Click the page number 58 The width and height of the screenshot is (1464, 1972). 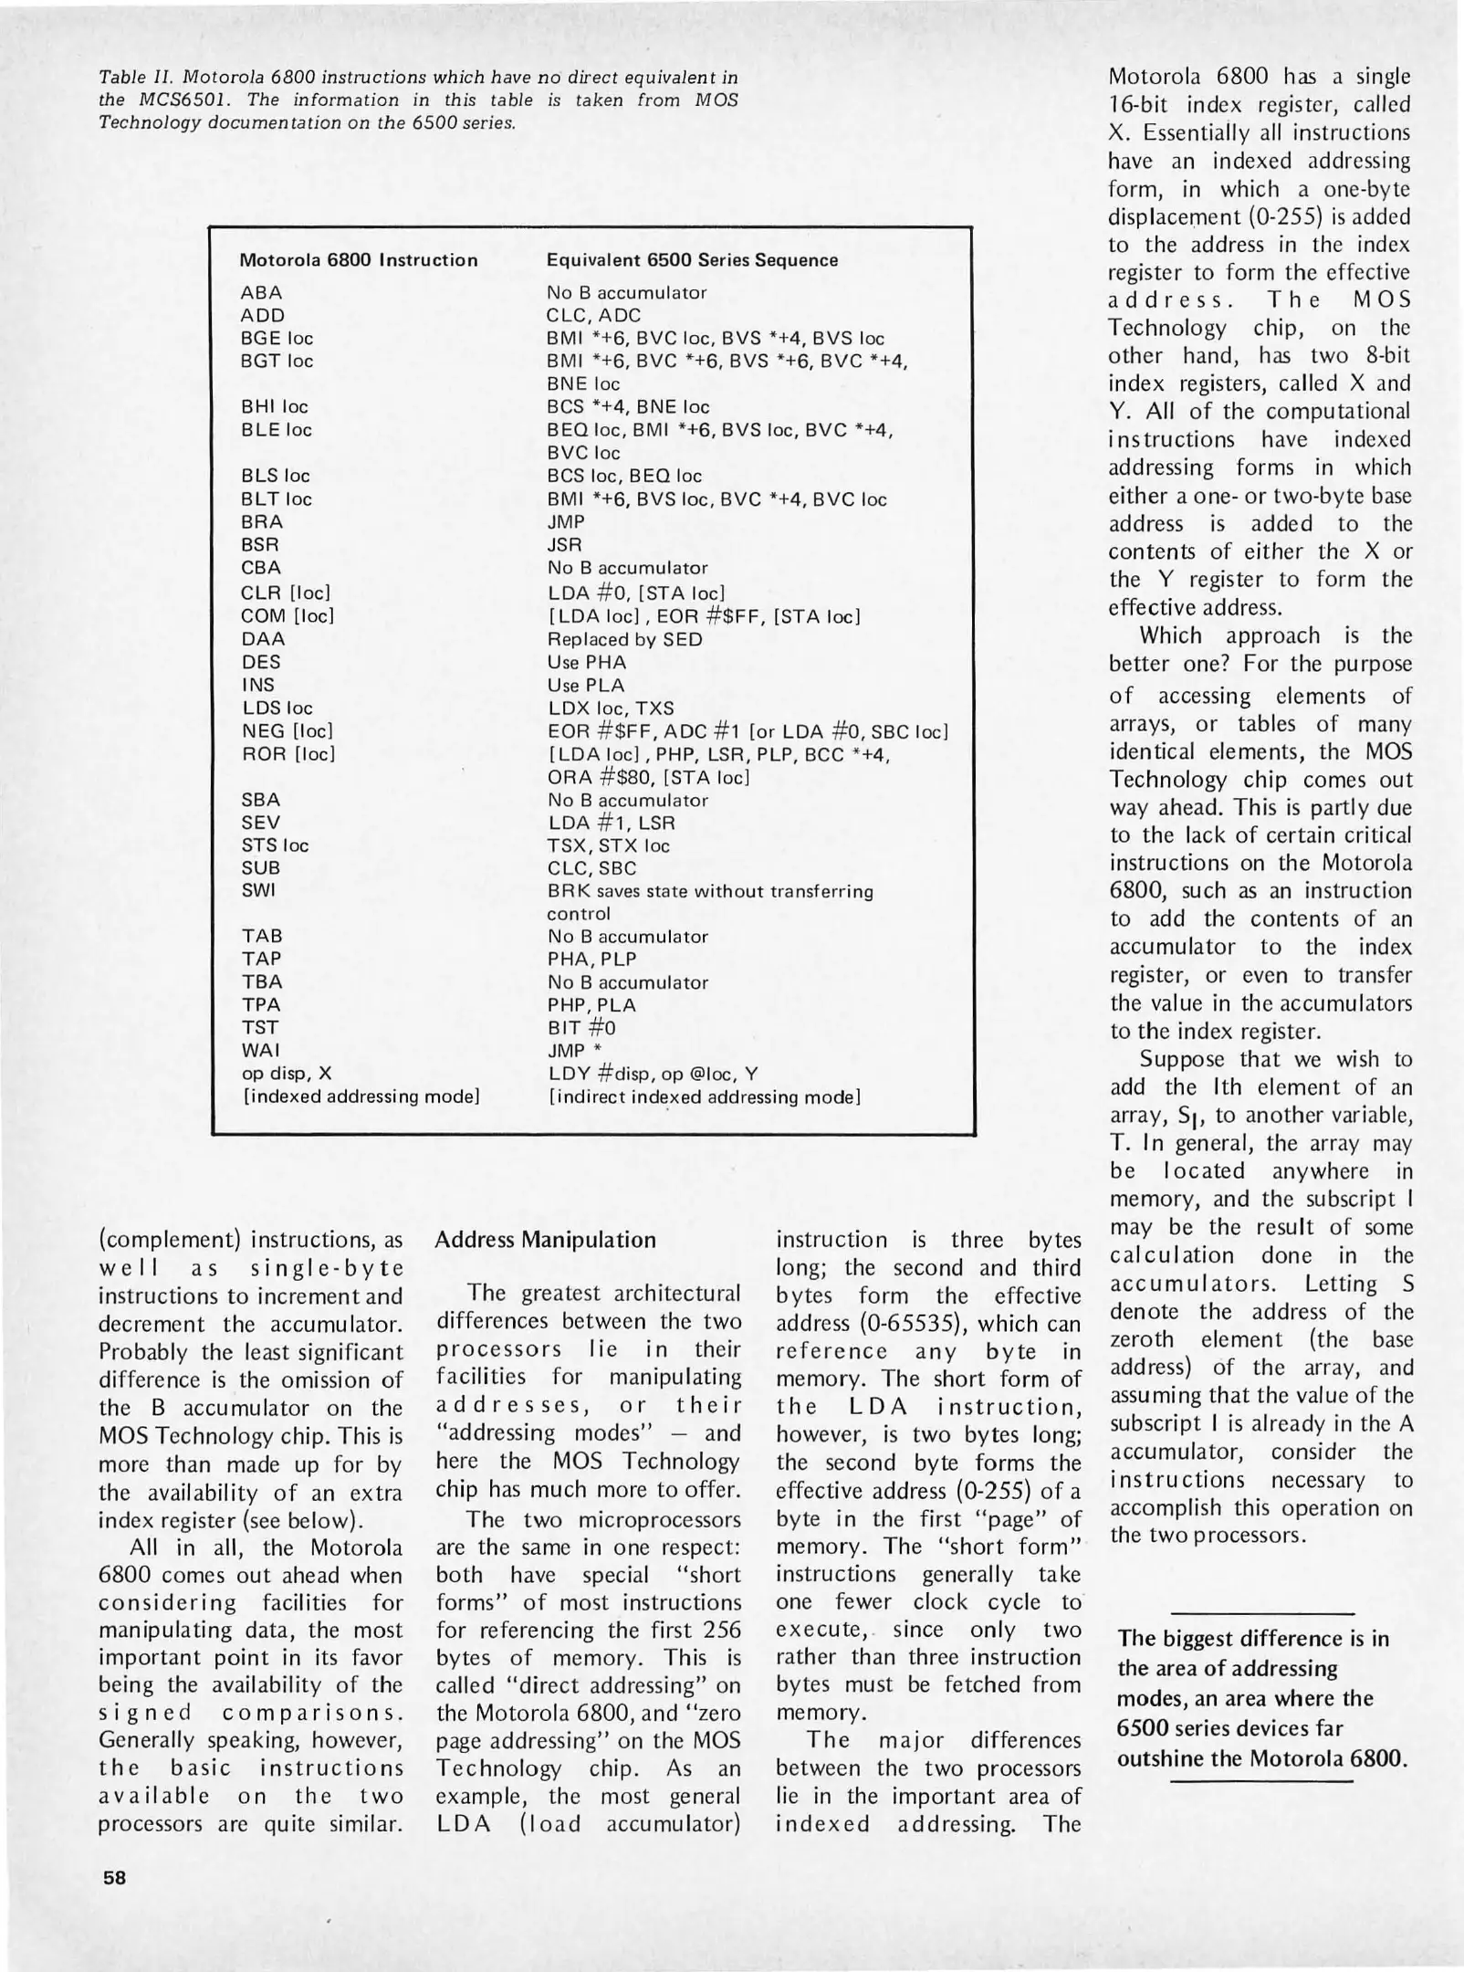[x=114, y=1878]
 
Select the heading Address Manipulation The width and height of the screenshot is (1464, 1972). [x=545, y=1240]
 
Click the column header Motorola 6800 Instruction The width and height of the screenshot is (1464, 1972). [x=358, y=260]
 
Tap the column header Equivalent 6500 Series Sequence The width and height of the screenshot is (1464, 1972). [x=692, y=260]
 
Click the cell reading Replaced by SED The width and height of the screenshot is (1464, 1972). [x=624, y=639]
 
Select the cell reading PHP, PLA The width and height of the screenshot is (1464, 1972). [x=591, y=1005]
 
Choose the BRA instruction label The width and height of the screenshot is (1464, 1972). [x=262, y=522]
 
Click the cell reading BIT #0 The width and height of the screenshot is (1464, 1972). [x=581, y=1028]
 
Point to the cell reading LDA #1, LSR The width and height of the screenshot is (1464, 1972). [x=611, y=823]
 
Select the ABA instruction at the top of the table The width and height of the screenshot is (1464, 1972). [x=261, y=293]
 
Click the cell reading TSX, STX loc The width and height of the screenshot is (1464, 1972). [x=608, y=845]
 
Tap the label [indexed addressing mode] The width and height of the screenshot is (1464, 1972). [x=361, y=1096]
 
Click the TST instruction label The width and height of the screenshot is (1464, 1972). [x=259, y=1028]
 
